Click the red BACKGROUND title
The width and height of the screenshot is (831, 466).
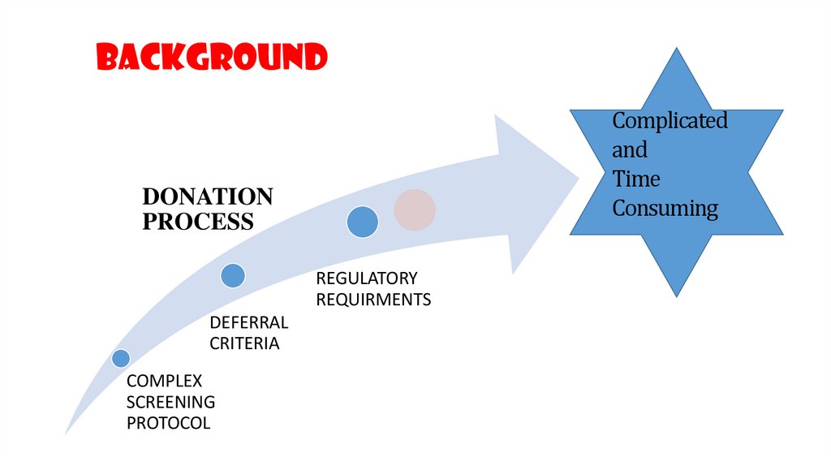(x=212, y=58)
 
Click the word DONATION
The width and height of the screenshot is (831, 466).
(x=208, y=197)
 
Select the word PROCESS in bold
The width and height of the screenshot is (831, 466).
(x=198, y=222)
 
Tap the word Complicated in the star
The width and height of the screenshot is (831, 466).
(x=670, y=122)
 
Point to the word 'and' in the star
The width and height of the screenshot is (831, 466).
(x=630, y=150)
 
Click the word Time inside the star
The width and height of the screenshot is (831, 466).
(x=636, y=179)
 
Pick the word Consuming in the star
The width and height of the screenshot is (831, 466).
(x=665, y=209)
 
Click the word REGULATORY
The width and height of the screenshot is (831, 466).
(x=367, y=278)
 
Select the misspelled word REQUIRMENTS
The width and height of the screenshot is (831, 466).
(x=373, y=300)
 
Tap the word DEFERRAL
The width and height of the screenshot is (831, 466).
(x=249, y=323)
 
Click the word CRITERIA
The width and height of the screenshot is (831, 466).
(x=244, y=344)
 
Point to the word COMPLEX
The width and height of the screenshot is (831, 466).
(x=164, y=381)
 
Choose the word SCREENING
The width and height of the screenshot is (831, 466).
(x=170, y=402)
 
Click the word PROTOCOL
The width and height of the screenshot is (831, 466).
(x=168, y=423)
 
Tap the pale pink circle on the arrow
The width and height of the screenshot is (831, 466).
(x=415, y=209)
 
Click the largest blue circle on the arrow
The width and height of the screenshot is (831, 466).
(x=363, y=222)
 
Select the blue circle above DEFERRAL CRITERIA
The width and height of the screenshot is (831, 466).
(x=233, y=276)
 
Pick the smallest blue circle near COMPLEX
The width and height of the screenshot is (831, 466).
(x=121, y=357)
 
